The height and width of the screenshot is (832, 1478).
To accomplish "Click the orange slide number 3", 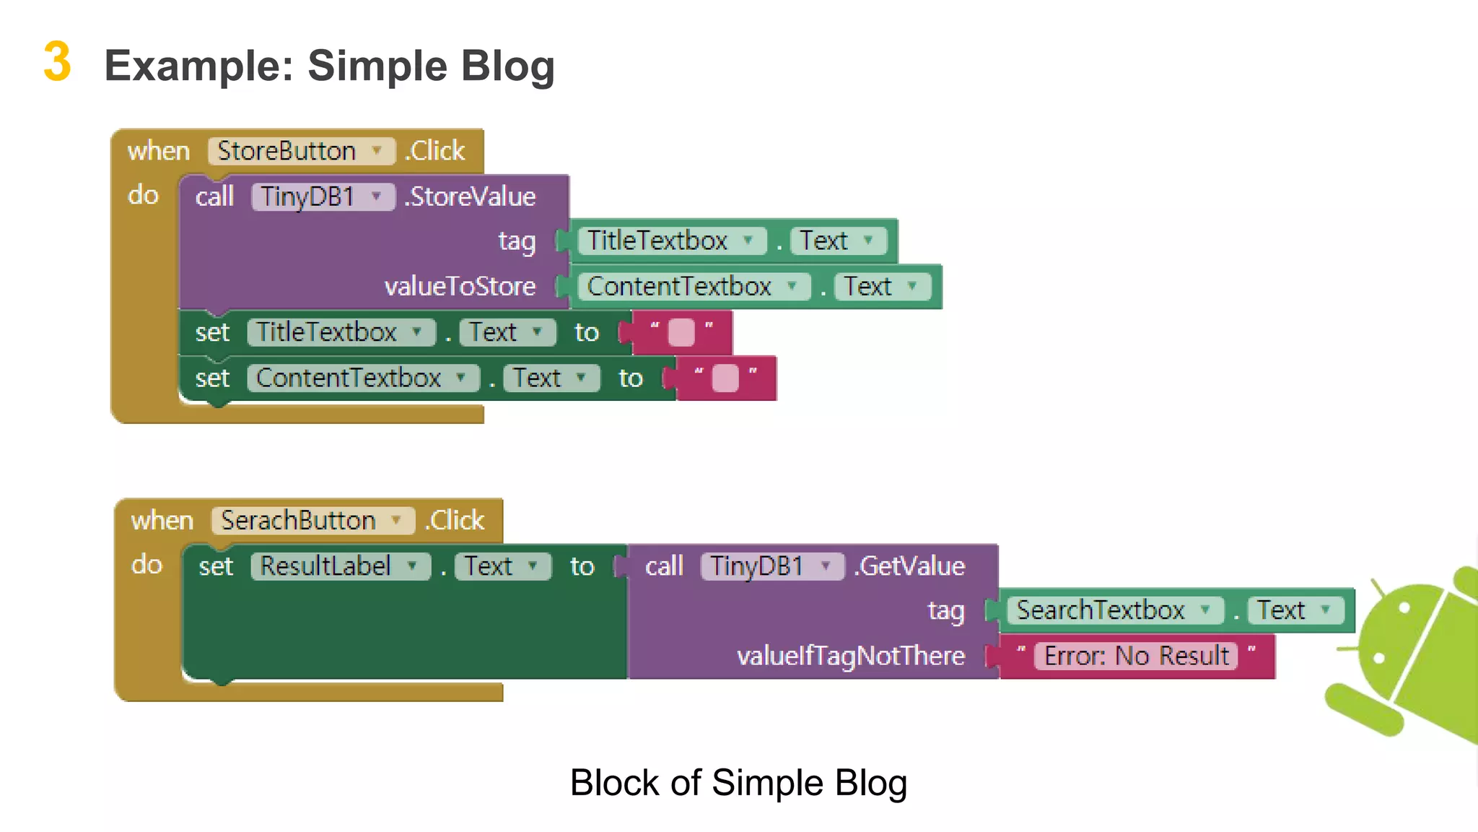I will [x=57, y=62].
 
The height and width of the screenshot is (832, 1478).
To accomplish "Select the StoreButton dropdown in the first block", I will [x=301, y=151].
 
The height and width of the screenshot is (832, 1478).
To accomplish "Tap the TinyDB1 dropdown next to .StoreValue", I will [x=322, y=196].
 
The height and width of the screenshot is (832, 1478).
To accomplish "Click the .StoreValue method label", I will [x=471, y=196].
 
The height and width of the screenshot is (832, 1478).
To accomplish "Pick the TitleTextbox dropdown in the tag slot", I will [x=671, y=240].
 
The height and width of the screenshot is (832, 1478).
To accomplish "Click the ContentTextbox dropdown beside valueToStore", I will [x=694, y=287].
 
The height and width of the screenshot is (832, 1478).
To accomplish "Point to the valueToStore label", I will [x=460, y=287].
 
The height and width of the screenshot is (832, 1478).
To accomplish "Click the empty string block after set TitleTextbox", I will [x=681, y=333].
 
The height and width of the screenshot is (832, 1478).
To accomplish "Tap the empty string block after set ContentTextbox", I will [x=725, y=378].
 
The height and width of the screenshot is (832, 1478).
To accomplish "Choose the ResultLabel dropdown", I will [x=340, y=566].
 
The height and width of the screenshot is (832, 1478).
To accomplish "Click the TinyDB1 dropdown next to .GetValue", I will [x=771, y=566].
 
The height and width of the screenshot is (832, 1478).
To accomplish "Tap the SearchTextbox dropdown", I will [x=1114, y=611].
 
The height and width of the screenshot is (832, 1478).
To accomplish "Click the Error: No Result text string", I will [x=1136, y=656].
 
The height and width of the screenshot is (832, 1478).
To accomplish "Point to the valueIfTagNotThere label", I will [x=850, y=656].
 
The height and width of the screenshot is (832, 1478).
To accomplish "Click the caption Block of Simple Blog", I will [x=738, y=783].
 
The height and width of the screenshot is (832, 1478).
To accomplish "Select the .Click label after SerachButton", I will [x=455, y=521].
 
